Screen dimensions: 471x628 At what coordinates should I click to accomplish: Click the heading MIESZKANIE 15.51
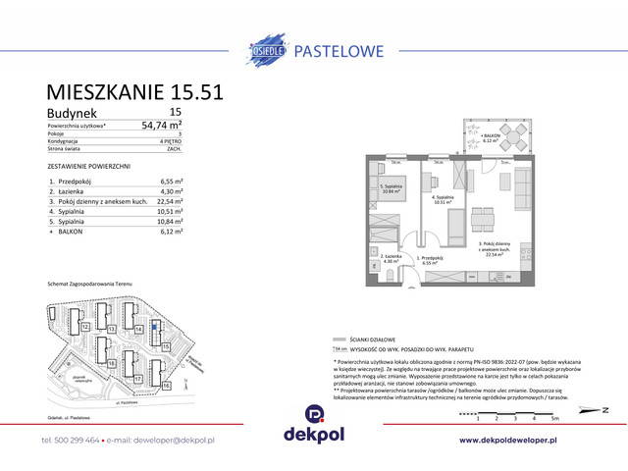[x=135, y=92]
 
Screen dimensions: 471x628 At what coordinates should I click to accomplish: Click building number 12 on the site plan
[x=86, y=326]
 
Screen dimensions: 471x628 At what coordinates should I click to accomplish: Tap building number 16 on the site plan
[x=167, y=387]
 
